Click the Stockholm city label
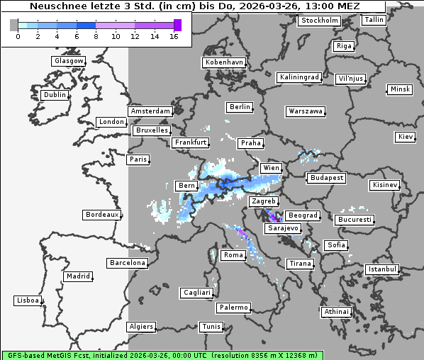319,21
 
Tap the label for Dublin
54,95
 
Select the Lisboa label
27,300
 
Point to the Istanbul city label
382,269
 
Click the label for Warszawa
306,111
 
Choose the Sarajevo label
283,228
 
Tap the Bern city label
186,186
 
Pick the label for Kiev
406,136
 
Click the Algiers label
140,327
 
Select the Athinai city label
336,312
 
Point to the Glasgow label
69,61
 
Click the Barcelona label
128,263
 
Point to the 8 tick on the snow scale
95,36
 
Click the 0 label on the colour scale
17,36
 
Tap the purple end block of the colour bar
177,25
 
